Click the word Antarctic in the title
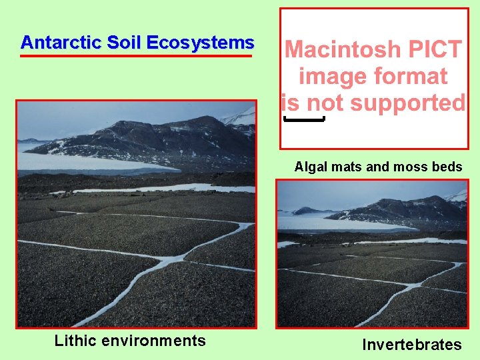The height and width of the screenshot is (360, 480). pos(54,43)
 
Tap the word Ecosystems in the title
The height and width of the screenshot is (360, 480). pos(200,43)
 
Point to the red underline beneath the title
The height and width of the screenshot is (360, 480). pos(136,56)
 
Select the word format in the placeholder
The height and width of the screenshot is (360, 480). pos(412,76)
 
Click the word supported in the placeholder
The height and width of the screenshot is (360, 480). pos(409,103)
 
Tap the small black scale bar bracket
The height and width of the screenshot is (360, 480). pos(304,120)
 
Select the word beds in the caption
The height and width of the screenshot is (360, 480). pos(447,167)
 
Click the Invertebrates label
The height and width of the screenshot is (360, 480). pos(411,345)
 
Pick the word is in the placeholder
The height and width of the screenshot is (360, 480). pos(289,103)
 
